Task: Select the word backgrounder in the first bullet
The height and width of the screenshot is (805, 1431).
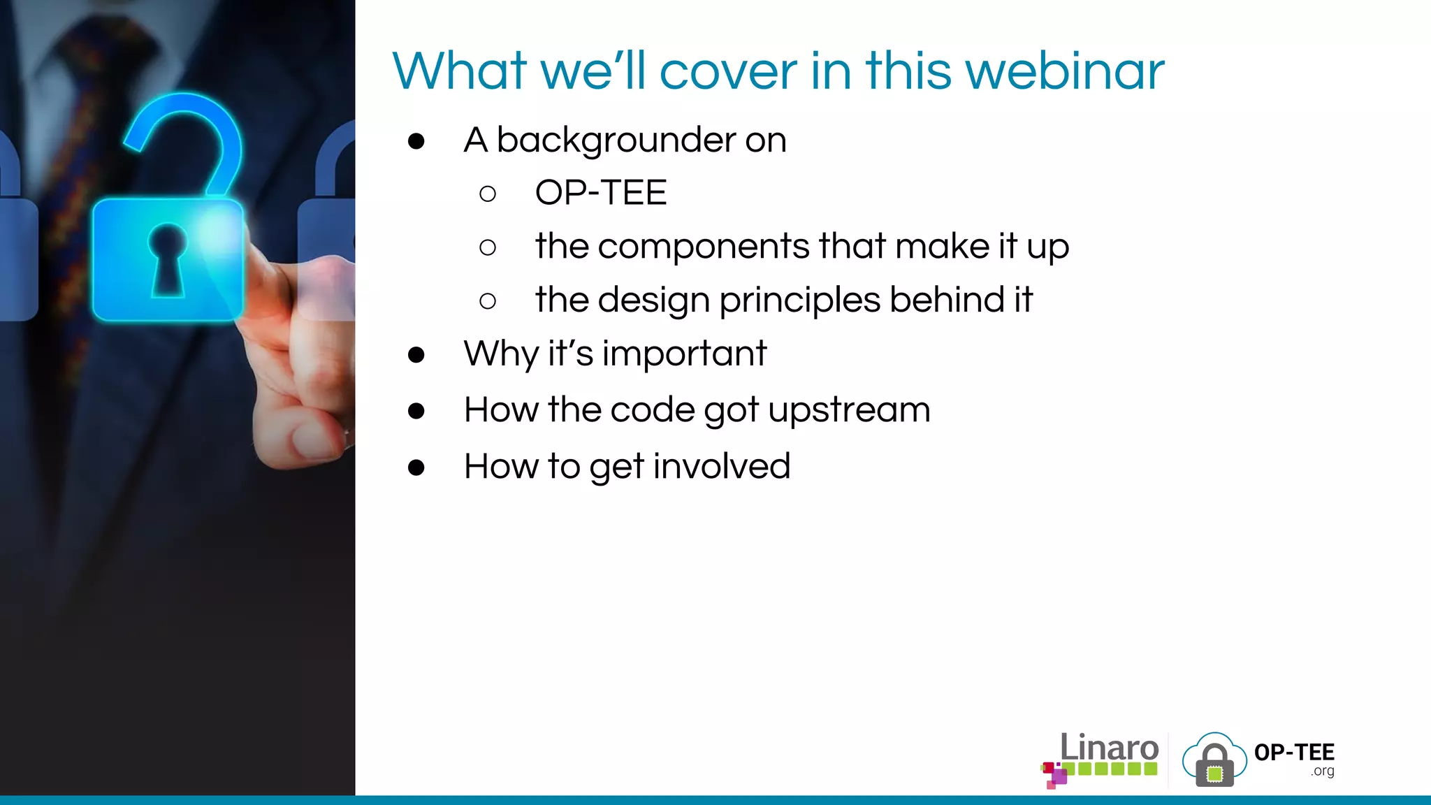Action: coord(615,140)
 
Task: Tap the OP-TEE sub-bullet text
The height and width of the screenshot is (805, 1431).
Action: coord(601,193)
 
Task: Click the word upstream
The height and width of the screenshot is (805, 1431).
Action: coord(849,410)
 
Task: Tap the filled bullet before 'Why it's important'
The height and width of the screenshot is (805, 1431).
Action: coord(416,355)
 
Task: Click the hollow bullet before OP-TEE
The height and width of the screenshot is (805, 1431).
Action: coord(488,194)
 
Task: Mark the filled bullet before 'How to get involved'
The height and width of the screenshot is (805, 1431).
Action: coord(416,467)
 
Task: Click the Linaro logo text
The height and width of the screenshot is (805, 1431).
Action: coord(1109,748)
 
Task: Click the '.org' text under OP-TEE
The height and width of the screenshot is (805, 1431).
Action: coord(1322,771)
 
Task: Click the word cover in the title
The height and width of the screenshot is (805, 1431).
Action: coord(728,71)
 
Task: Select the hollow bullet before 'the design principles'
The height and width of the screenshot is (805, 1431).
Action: coord(488,301)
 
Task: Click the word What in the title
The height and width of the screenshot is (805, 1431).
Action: coord(459,71)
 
